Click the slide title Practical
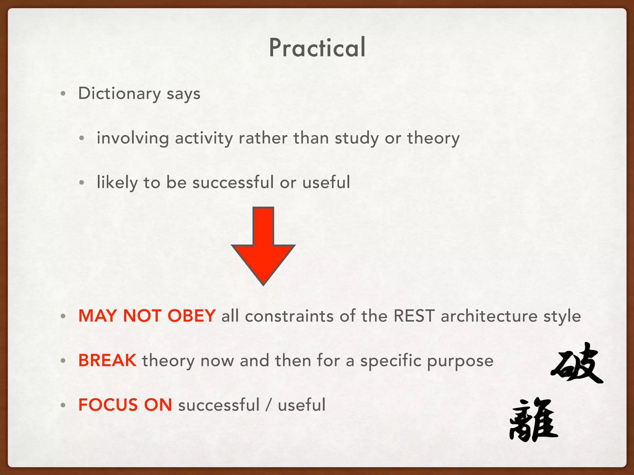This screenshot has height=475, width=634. click(x=317, y=48)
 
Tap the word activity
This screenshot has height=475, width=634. click(x=204, y=138)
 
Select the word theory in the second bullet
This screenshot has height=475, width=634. click(x=433, y=138)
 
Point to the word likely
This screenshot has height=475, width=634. click(x=117, y=182)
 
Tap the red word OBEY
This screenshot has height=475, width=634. click(x=191, y=316)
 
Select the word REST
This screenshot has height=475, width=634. click(x=414, y=316)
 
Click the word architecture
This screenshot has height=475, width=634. click(x=489, y=316)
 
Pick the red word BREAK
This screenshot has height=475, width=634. click(x=107, y=360)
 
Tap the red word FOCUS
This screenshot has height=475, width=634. click(x=108, y=405)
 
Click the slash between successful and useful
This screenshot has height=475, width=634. click(x=269, y=405)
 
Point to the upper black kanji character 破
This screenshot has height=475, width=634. click(x=577, y=364)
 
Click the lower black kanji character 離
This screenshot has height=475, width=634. click(x=533, y=420)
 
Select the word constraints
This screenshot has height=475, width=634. click(x=289, y=316)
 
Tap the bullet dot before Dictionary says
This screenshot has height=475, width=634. click(x=63, y=94)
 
